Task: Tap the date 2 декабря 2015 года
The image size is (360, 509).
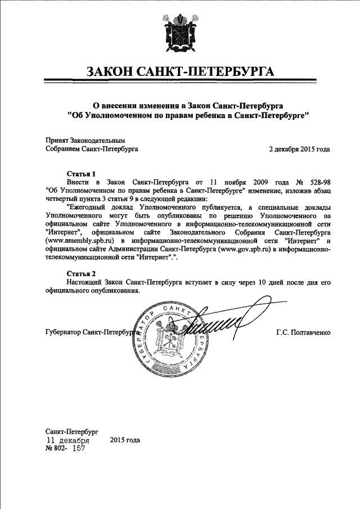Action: click(x=299, y=149)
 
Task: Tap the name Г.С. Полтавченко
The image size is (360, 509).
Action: click(x=303, y=332)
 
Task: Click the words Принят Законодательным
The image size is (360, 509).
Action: click(x=84, y=141)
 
